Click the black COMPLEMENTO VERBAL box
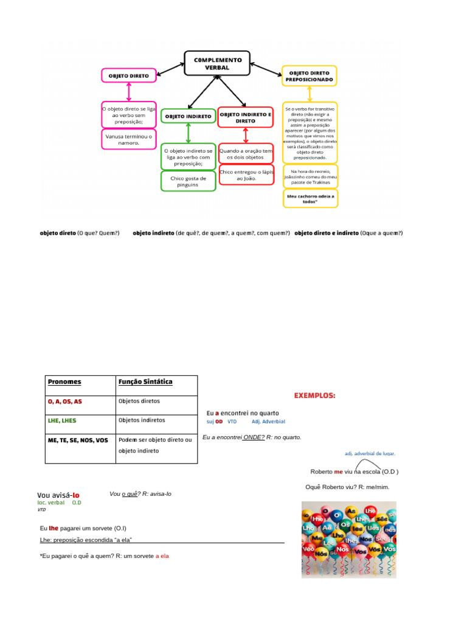coord(217,63)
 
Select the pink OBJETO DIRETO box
coord(128,76)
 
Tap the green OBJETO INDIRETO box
coord(189,116)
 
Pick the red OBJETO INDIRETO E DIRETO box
coord(246,117)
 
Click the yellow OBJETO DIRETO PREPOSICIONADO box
coord(310,75)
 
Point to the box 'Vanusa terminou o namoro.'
coord(128,139)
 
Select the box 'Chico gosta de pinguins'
coord(189,181)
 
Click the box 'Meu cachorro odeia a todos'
coord(310,199)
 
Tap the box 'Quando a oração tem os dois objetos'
coord(246,153)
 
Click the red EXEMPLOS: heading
coord(314,395)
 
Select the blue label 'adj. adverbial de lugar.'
coord(370,453)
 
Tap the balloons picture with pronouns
coord(349,539)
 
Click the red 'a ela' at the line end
coord(162,555)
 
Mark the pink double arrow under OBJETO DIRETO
coord(128,92)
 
